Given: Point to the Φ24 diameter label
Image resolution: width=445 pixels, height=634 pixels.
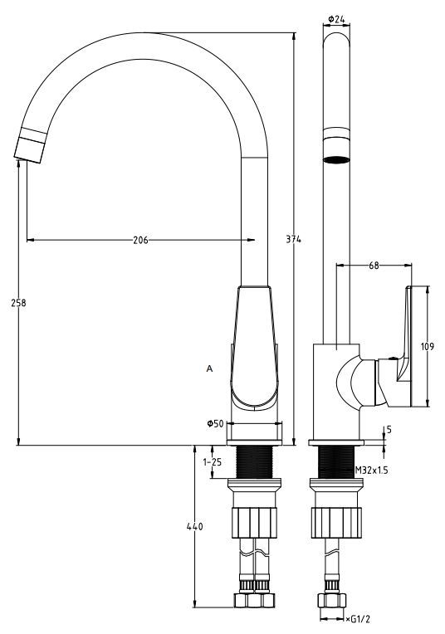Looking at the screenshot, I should (336, 17).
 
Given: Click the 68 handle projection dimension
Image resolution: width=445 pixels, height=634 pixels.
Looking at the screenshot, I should (374, 266).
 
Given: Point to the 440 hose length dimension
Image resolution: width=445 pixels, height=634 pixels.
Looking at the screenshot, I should (194, 527).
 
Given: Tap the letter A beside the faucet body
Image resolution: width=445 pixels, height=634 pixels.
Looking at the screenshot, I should (208, 368).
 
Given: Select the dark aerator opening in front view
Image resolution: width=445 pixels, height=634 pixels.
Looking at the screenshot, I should (335, 158).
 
